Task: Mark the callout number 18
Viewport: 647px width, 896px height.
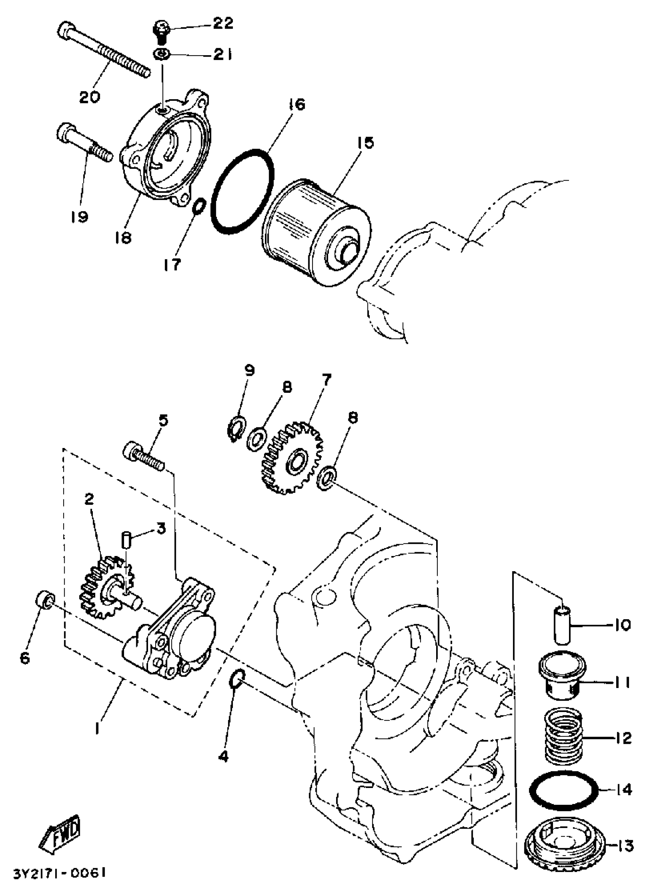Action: (x=124, y=238)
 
